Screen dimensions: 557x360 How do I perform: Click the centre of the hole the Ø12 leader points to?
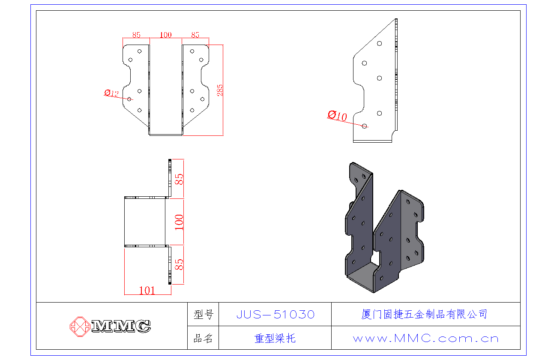[129, 99]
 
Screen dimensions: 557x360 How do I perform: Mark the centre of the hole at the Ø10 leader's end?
[364, 126]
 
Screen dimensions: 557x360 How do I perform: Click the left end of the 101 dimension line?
[124, 294]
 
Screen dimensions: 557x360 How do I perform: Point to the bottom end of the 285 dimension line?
[223, 135]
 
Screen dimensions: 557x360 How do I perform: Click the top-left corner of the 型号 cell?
[188, 303]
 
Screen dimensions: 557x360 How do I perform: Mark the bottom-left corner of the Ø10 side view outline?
[353, 142]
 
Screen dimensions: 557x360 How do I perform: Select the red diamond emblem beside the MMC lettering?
[80, 327]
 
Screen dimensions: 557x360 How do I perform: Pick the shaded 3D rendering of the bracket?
[384, 228]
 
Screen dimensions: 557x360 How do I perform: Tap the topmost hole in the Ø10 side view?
[379, 44]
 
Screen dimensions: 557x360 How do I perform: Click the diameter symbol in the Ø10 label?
[332, 114]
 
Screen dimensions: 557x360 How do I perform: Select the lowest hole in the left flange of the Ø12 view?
[140, 110]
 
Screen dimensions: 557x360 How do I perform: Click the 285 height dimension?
[220, 90]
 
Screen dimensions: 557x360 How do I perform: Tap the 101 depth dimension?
[147, 290]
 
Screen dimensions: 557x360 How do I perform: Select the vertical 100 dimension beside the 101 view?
[179, 222]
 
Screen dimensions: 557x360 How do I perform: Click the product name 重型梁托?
[275, 338]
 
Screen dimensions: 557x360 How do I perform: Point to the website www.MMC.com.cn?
[426, 338]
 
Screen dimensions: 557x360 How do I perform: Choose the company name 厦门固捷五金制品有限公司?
[424, 315]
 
